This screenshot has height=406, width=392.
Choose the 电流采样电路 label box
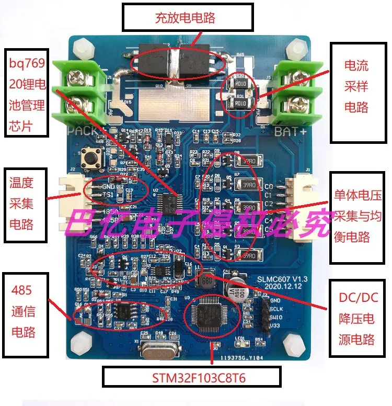tap(356, 86)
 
